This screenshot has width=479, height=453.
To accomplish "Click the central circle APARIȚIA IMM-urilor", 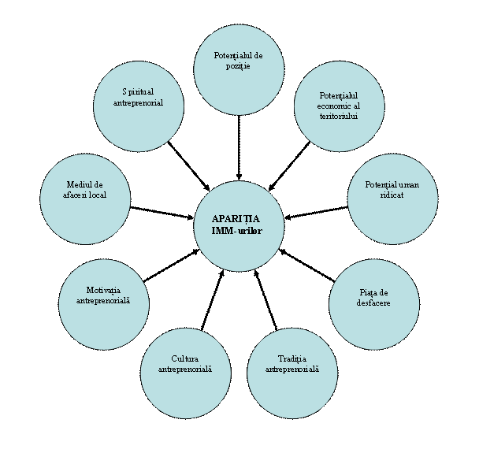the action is pos(239,226).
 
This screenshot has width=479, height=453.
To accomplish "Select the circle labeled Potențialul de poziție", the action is pos(239,70).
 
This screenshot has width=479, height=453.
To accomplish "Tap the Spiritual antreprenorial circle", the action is pos(139,106).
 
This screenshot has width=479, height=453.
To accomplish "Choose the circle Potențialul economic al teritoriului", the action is pos(339,106).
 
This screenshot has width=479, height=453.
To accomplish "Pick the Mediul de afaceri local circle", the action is pos(85,199).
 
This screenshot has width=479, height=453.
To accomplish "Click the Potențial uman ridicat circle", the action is pos(392,199).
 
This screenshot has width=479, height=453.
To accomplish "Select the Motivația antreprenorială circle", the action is pos(104,305).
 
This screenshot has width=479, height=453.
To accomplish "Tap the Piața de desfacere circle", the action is pos(374,305).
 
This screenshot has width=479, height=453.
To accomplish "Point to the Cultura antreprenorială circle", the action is pos(186,373).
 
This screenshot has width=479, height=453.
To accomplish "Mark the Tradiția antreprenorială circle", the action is pos(292,373).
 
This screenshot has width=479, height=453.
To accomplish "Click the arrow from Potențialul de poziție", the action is pos(239,147).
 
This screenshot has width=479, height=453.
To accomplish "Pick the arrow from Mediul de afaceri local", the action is pos(162,213).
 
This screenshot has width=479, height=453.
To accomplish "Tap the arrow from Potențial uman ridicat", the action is pos(316,213).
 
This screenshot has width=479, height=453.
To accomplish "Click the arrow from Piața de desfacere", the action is pos(307,265).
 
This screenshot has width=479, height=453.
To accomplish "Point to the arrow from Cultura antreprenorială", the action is pos(213,300).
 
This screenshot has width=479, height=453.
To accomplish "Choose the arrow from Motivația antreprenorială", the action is pos(172,265).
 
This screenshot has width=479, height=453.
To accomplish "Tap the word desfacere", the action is pos(373,303).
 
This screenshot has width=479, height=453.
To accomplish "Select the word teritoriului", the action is pos(339,116).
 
